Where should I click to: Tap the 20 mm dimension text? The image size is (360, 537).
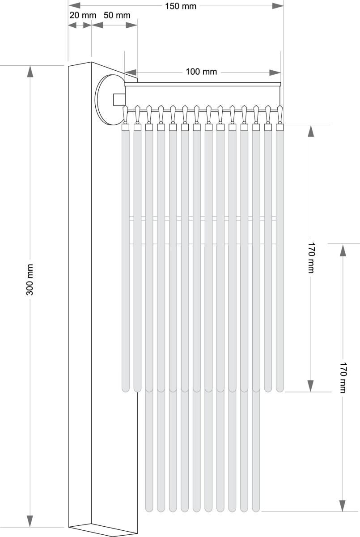(83, 15)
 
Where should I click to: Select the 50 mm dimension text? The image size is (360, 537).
(117, 15)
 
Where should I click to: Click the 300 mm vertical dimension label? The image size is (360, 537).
(30, 280)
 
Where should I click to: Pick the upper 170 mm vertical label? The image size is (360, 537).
(311, 257)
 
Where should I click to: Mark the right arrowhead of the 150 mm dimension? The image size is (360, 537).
(278, 6)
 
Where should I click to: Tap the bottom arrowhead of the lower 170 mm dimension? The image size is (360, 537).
(343, 505)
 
